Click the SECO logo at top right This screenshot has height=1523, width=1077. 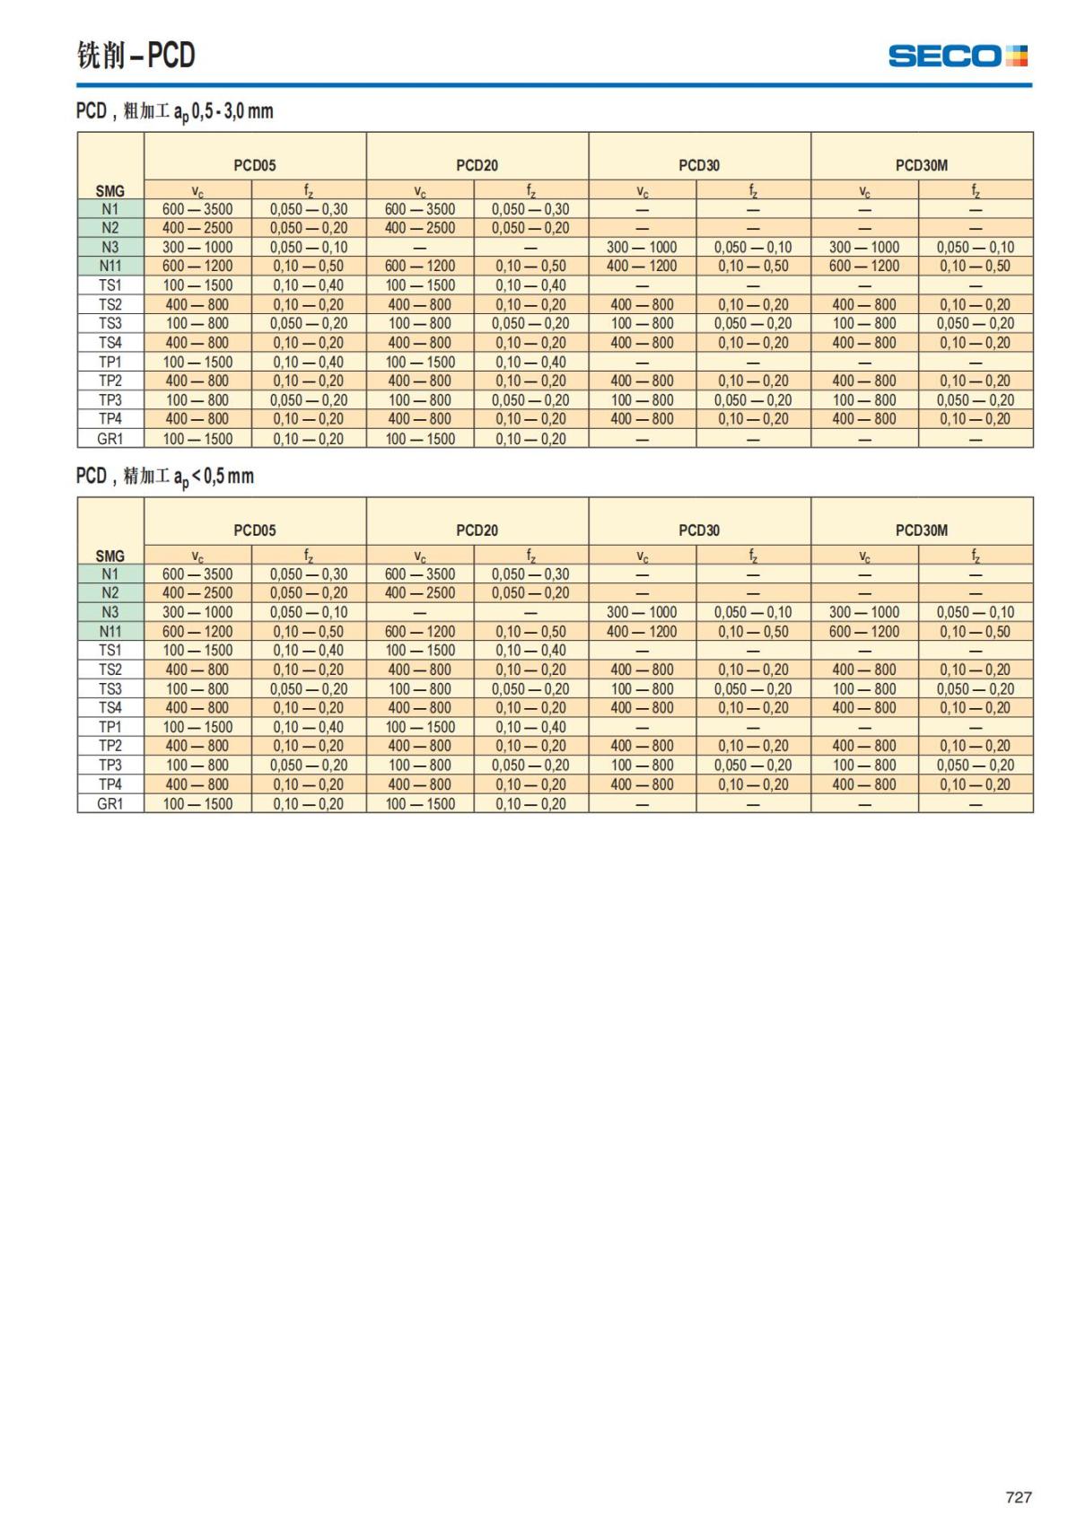958,56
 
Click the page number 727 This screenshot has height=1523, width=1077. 1019,1496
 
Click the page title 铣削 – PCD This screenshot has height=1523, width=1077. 136,56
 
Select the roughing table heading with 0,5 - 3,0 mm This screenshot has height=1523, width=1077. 174,111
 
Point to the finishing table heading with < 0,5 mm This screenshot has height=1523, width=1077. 165,477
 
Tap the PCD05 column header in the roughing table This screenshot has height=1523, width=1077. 255,165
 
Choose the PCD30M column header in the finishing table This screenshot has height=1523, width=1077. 922,530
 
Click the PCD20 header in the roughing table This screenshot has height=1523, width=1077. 477,165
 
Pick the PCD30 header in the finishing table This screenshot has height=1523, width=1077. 699,530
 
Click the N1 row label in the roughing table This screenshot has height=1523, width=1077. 110,209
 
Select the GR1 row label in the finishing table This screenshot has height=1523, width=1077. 110,804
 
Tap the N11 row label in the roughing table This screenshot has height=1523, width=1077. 110,266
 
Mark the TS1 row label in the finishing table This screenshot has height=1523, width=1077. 110,650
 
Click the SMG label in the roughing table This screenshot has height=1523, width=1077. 110,190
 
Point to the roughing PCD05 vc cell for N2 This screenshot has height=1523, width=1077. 197,228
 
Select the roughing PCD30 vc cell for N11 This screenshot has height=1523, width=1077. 642,266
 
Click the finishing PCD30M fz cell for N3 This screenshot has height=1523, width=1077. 976,612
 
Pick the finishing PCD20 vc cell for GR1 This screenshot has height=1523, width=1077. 420,804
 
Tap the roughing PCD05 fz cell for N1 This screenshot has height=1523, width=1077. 309,209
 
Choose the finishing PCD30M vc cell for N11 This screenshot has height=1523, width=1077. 864,631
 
